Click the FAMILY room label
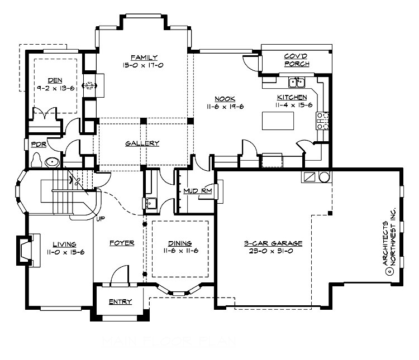click(144, 57)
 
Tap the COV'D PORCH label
click(296, 60)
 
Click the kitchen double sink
click(296, 83)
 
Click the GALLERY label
click(142, 143)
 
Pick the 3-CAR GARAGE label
click(273, 243)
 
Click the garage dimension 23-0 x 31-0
click(273, 251)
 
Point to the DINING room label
click(179, 243)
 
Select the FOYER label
click(121, 243)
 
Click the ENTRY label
click(121, 302)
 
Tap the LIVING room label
click(64, 243)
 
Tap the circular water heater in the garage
click(323, 177)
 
